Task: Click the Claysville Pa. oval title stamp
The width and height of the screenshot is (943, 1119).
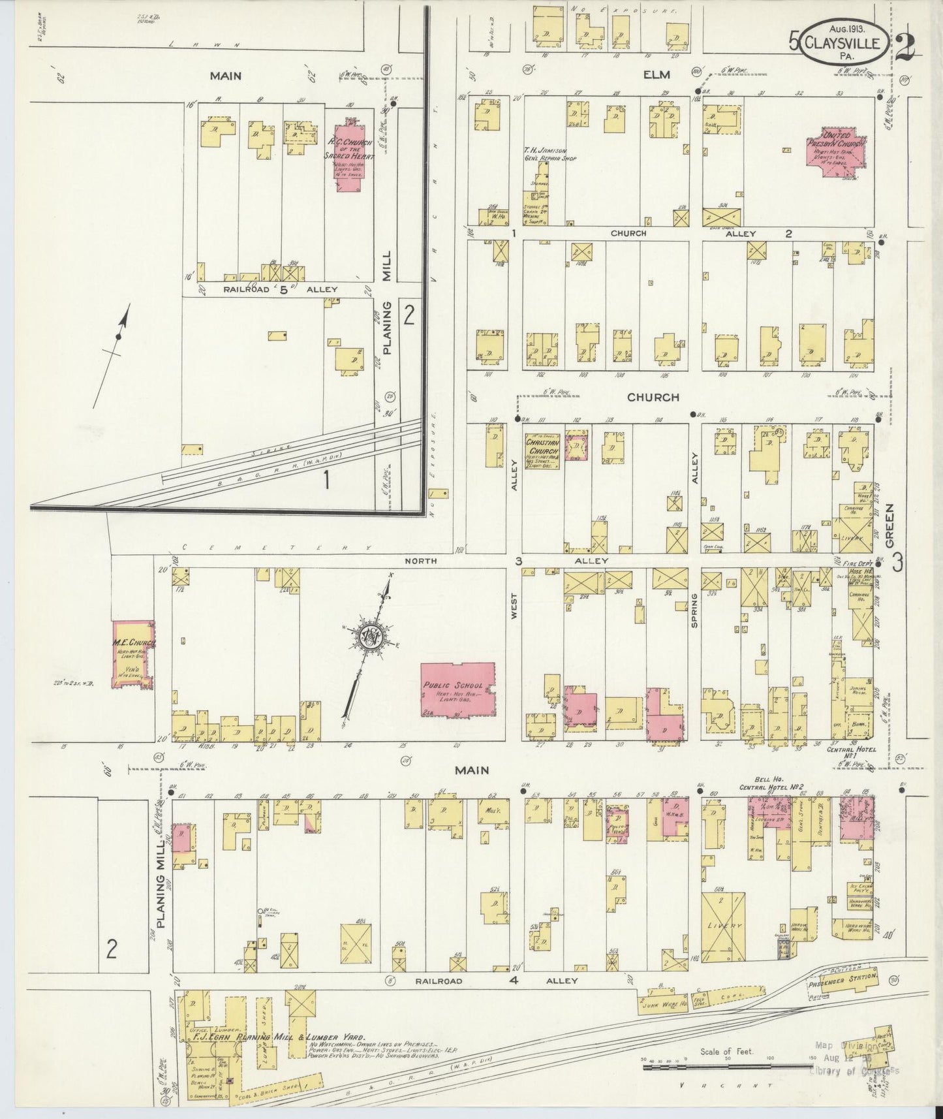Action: click(x=844, y=42)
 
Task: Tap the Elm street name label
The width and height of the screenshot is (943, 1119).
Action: click(x=657, y=75)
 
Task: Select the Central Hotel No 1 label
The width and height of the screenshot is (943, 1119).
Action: click(x=852, y=750)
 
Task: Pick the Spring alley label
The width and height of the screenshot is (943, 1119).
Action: click(x=694, y=610)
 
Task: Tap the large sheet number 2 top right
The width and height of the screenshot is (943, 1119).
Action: click(x=905, y=47)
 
